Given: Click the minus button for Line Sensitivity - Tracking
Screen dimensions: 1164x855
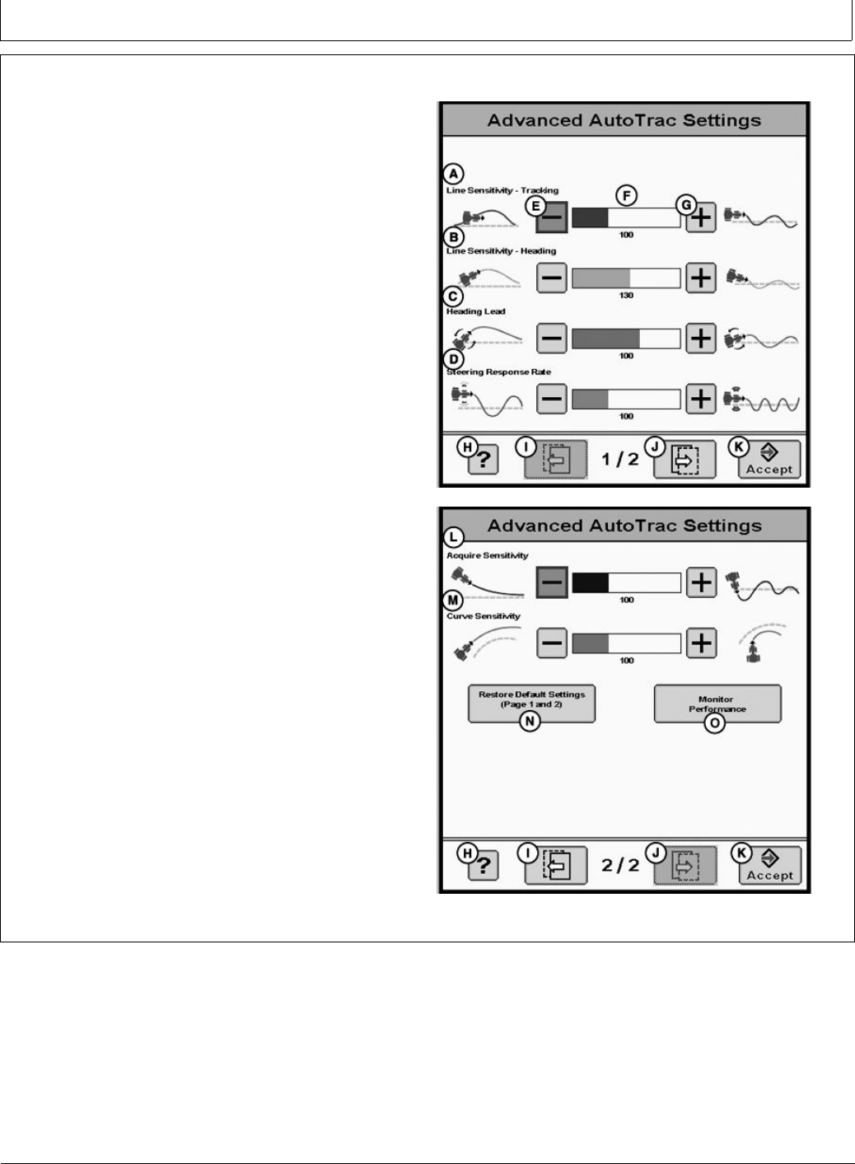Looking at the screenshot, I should pos(552,218).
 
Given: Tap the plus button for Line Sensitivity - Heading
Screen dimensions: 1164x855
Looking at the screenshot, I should pos(700,278).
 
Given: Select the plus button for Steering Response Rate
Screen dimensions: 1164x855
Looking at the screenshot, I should pos(700,399).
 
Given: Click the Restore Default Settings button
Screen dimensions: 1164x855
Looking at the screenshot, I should pos(531,703).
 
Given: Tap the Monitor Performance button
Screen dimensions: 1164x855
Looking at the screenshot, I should pos(717,704).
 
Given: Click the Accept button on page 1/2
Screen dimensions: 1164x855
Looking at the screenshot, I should pos(769,460).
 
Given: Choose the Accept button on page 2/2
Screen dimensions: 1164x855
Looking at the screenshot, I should pos(769,866).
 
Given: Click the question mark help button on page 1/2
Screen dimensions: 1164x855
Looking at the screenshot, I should pos(483,460).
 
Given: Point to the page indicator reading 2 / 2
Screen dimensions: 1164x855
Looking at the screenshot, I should pos(620,865).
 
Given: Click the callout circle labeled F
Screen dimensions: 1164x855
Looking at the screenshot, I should pos(628,196).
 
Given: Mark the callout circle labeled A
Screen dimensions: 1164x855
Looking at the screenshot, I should pos(454,174).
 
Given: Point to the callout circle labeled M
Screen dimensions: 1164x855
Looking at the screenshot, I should pos(453,601).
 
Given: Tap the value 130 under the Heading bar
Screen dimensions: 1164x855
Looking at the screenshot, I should pos(626,296).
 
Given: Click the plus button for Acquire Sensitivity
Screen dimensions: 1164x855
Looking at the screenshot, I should pos(700,582).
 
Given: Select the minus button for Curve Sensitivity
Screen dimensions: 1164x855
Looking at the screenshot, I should pos(552,643).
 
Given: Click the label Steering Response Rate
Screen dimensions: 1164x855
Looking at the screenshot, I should pos(498,372).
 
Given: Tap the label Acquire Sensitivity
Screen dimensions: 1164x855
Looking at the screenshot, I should pos(488,556).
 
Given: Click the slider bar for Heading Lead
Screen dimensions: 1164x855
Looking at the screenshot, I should pos(626,339).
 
